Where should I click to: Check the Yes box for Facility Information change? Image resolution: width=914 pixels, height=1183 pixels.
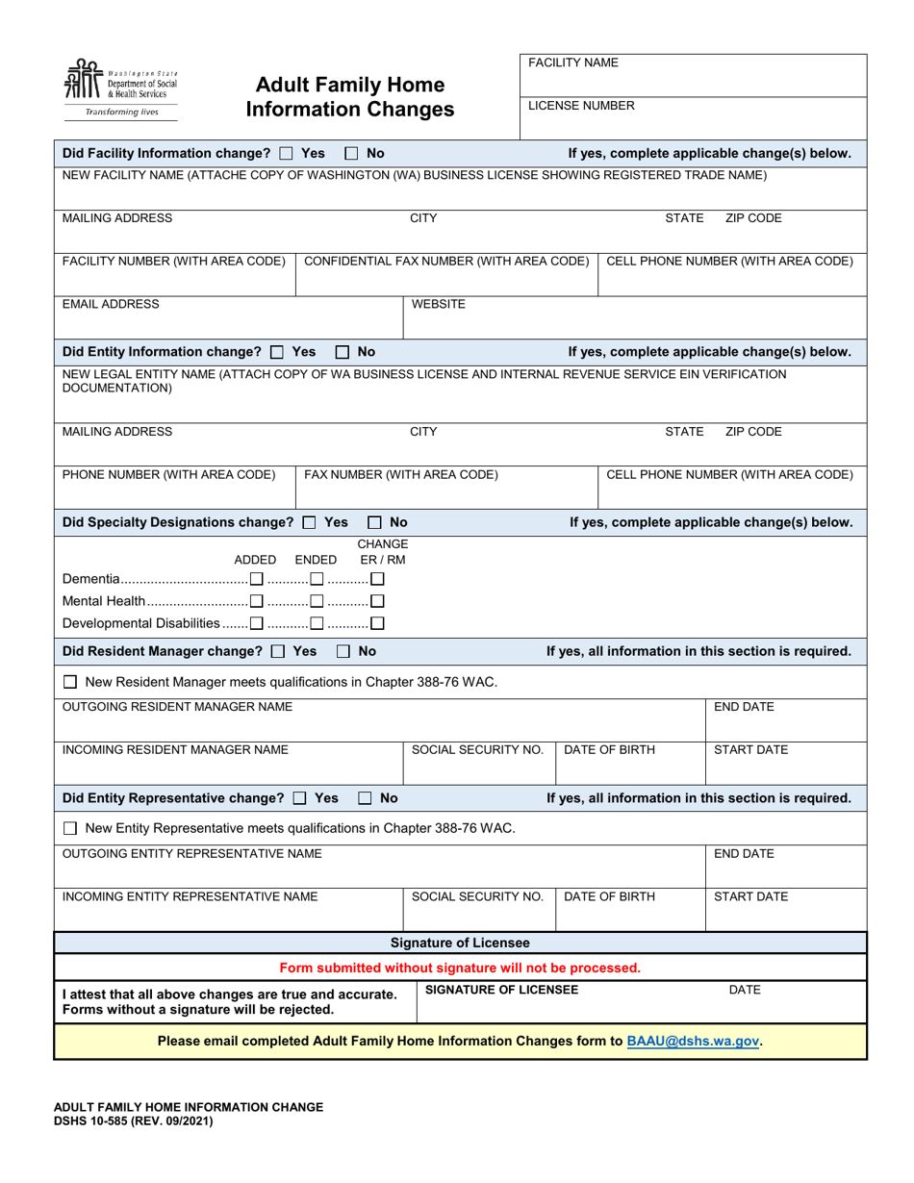pos(286,153)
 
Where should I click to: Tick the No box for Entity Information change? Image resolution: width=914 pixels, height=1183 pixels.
pos(343,352)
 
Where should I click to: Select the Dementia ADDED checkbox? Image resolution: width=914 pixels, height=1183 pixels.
pos(256,579)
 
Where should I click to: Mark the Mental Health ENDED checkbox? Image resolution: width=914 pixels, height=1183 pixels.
pos(316,601)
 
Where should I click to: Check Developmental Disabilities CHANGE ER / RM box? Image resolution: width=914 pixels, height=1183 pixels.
pos(377,623)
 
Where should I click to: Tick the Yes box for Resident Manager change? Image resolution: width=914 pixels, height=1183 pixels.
pos(278,651)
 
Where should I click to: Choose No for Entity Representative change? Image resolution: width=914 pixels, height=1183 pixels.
pos(366,798)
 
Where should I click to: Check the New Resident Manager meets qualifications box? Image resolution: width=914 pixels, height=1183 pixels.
pos(70,682)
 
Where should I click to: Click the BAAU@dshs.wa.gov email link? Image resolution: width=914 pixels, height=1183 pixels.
pos(693,1041)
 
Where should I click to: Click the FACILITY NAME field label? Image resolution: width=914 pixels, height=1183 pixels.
pos(573,63)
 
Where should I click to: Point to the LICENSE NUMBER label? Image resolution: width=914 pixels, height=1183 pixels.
pos(581,106)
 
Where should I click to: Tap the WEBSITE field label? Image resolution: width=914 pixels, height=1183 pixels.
pos(439,304)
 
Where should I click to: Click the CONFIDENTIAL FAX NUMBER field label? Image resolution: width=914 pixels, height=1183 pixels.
pos(446,261)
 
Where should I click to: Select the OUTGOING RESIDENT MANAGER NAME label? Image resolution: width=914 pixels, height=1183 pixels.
pos(177,707)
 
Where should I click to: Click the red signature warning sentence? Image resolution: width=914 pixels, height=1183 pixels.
pos(460,968)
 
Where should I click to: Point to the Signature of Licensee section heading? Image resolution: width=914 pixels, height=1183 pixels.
pos(460,943)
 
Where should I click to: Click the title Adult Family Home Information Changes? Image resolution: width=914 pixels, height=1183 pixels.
pos(349,97)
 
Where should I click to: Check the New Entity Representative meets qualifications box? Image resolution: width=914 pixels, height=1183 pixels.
pos(70,828)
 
